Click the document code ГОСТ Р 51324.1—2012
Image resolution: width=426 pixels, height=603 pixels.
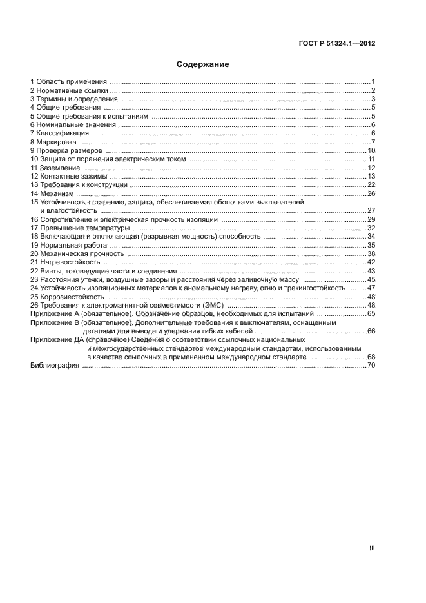(342, 44)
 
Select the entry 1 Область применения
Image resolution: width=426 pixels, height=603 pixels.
(68, 81)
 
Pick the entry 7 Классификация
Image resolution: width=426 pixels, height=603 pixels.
(61, 133)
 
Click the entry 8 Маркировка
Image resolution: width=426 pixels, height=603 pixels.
(53, 141)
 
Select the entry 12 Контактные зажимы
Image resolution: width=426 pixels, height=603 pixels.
(69, 176)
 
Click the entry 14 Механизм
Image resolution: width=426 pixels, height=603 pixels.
(53, 193)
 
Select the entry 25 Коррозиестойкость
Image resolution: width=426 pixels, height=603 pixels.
(67, 297)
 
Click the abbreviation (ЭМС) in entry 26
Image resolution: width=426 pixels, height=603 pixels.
(212, 305)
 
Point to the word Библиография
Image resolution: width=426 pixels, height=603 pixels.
(55, 366)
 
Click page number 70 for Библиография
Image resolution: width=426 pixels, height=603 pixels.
(371, 366)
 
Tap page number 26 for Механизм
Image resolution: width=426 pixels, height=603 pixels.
(371, 193)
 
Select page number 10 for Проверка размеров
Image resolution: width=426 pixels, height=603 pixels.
(371, 150)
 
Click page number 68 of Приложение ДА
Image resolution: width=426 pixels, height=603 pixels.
(371, 357)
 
